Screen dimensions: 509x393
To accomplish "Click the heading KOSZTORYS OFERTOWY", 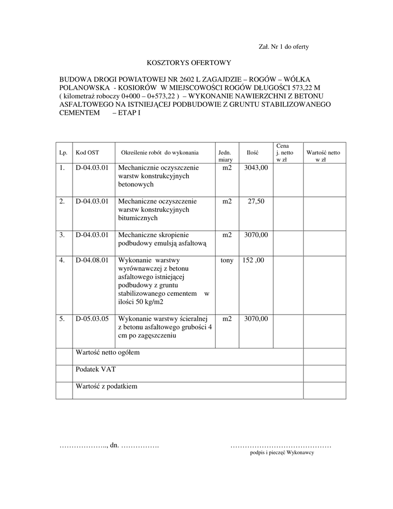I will coord(189,63).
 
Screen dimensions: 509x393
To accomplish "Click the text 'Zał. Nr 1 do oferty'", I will coord(284,47).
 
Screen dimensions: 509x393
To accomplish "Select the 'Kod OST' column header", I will coord(87,153).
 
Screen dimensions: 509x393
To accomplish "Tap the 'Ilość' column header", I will coord(252,153).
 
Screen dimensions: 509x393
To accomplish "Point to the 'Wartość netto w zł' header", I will coord(323,156).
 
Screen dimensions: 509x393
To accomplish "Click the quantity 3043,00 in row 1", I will coord(256,168).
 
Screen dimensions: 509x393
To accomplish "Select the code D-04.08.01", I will coord(92,260).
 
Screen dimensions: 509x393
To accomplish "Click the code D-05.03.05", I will coord(92,319).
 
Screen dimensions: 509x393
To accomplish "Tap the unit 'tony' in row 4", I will coord(227,260).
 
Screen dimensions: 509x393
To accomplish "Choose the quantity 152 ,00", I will coord(253,260).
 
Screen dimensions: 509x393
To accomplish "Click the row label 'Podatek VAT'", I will coord(95,369).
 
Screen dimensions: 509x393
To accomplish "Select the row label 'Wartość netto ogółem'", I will coord(108,352).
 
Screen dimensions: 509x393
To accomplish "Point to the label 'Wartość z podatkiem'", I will coord(106,386).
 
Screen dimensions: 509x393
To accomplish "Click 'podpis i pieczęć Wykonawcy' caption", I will coord(282,453).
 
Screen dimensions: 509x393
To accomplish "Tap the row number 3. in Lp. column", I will coord(62,235).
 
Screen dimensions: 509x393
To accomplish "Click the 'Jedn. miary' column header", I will coord(225,156).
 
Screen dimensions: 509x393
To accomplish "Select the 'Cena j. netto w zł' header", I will coord(285,153).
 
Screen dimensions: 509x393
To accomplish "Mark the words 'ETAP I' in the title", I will coord(130,113).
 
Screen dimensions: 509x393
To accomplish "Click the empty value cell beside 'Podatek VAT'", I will coord(324,373).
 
